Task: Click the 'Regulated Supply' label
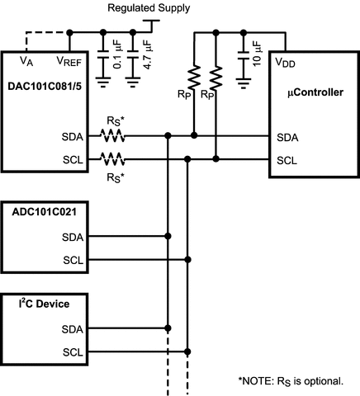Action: click(149, 7)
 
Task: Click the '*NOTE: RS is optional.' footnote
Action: click(297, 380)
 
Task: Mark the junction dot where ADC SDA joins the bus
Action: click(168, 237)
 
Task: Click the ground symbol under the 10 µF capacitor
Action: click(244, 83)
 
